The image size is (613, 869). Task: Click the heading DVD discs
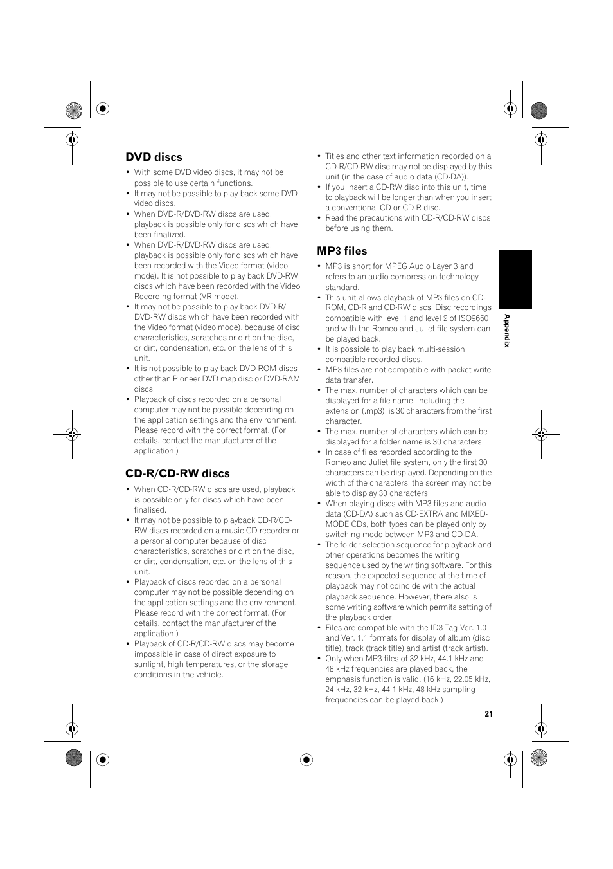tap(154, 157)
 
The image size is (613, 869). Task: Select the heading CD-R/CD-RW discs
tap(177, 473)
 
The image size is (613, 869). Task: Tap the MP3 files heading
tap(342, 251)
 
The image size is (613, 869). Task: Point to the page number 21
tap(488, 713)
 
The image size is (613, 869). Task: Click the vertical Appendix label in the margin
tap(506, 331)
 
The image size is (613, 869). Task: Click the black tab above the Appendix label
tap(515, 279)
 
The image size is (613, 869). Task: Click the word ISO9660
tap(474, 318)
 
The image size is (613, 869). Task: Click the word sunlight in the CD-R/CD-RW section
tap(149, 664)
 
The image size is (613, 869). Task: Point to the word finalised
tap(150, 510)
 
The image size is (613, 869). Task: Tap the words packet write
tap(466, 370)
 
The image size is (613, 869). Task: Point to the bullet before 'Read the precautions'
tap(319, 218)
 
